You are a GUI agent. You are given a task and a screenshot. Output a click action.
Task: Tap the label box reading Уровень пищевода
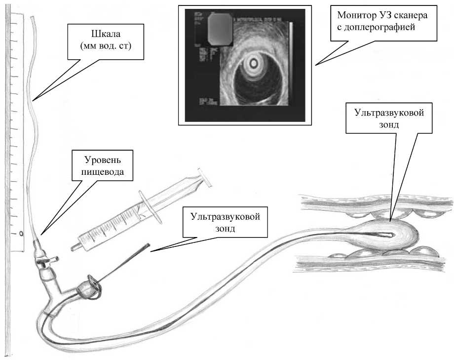(102, 167)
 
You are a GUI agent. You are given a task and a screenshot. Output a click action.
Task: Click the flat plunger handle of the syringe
(205, 178)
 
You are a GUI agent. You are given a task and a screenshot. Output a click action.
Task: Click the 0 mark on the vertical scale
(21, 234)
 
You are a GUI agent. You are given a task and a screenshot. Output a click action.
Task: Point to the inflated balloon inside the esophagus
(380, 236)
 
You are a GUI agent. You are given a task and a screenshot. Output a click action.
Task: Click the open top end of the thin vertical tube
(33, 18)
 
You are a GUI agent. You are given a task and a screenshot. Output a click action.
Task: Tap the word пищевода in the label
(102, 172)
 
